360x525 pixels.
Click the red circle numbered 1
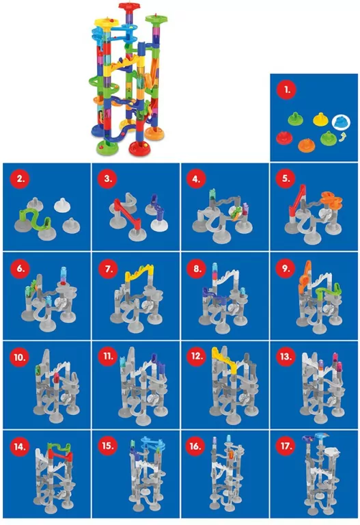pos(286,90)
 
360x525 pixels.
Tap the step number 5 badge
pos(286,178)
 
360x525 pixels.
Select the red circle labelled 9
pos(285,268)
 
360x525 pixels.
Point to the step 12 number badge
pos(197,356)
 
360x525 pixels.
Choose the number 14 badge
pos(19,446)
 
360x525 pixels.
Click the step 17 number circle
pos(286,446)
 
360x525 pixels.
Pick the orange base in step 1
pos(307,145)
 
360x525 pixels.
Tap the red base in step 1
pos(284,137)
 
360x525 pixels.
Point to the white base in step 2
pos(61,204)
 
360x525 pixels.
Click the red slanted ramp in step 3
pos(128,213)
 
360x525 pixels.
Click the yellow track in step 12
pos(225,360)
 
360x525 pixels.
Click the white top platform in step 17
pos(332,452)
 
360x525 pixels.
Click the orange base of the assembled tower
pos(155,134)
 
